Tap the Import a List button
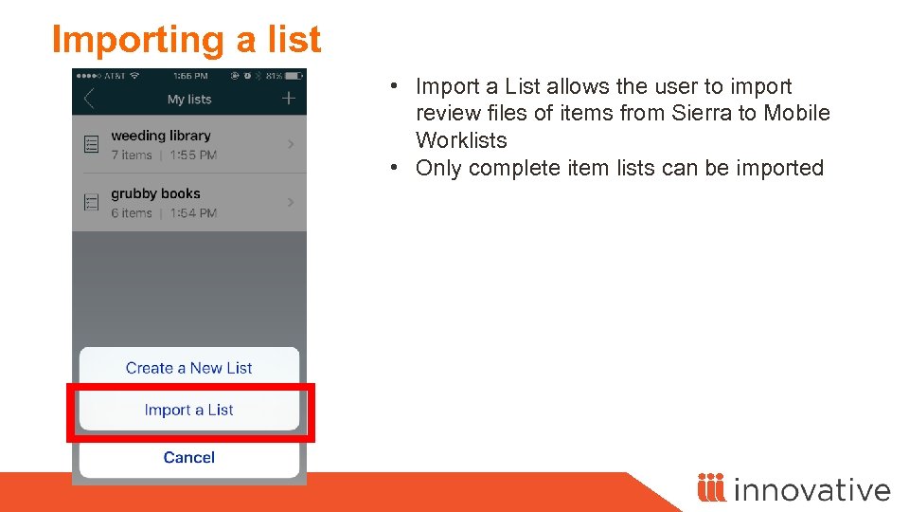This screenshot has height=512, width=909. coord(188,410)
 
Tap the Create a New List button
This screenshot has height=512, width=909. coord(188,368)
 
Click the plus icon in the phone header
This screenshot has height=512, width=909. coord(289,99)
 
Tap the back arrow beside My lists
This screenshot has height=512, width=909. coord(89,99)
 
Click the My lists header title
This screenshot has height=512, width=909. coord(189,100)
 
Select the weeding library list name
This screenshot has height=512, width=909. coord(161,136)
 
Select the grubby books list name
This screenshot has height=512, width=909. coord(155,193)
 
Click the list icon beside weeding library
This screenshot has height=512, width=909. coord(92,144)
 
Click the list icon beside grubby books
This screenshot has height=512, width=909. coord(92,202)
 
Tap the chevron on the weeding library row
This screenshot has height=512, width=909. coord(291,144)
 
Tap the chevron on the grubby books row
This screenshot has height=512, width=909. coord(291,202)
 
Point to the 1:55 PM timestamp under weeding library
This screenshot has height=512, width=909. coord(194,155)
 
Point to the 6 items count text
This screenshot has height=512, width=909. coord(132,213)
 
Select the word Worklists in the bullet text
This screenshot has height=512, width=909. coord(461,140)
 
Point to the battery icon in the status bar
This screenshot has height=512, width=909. coord(295,75)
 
